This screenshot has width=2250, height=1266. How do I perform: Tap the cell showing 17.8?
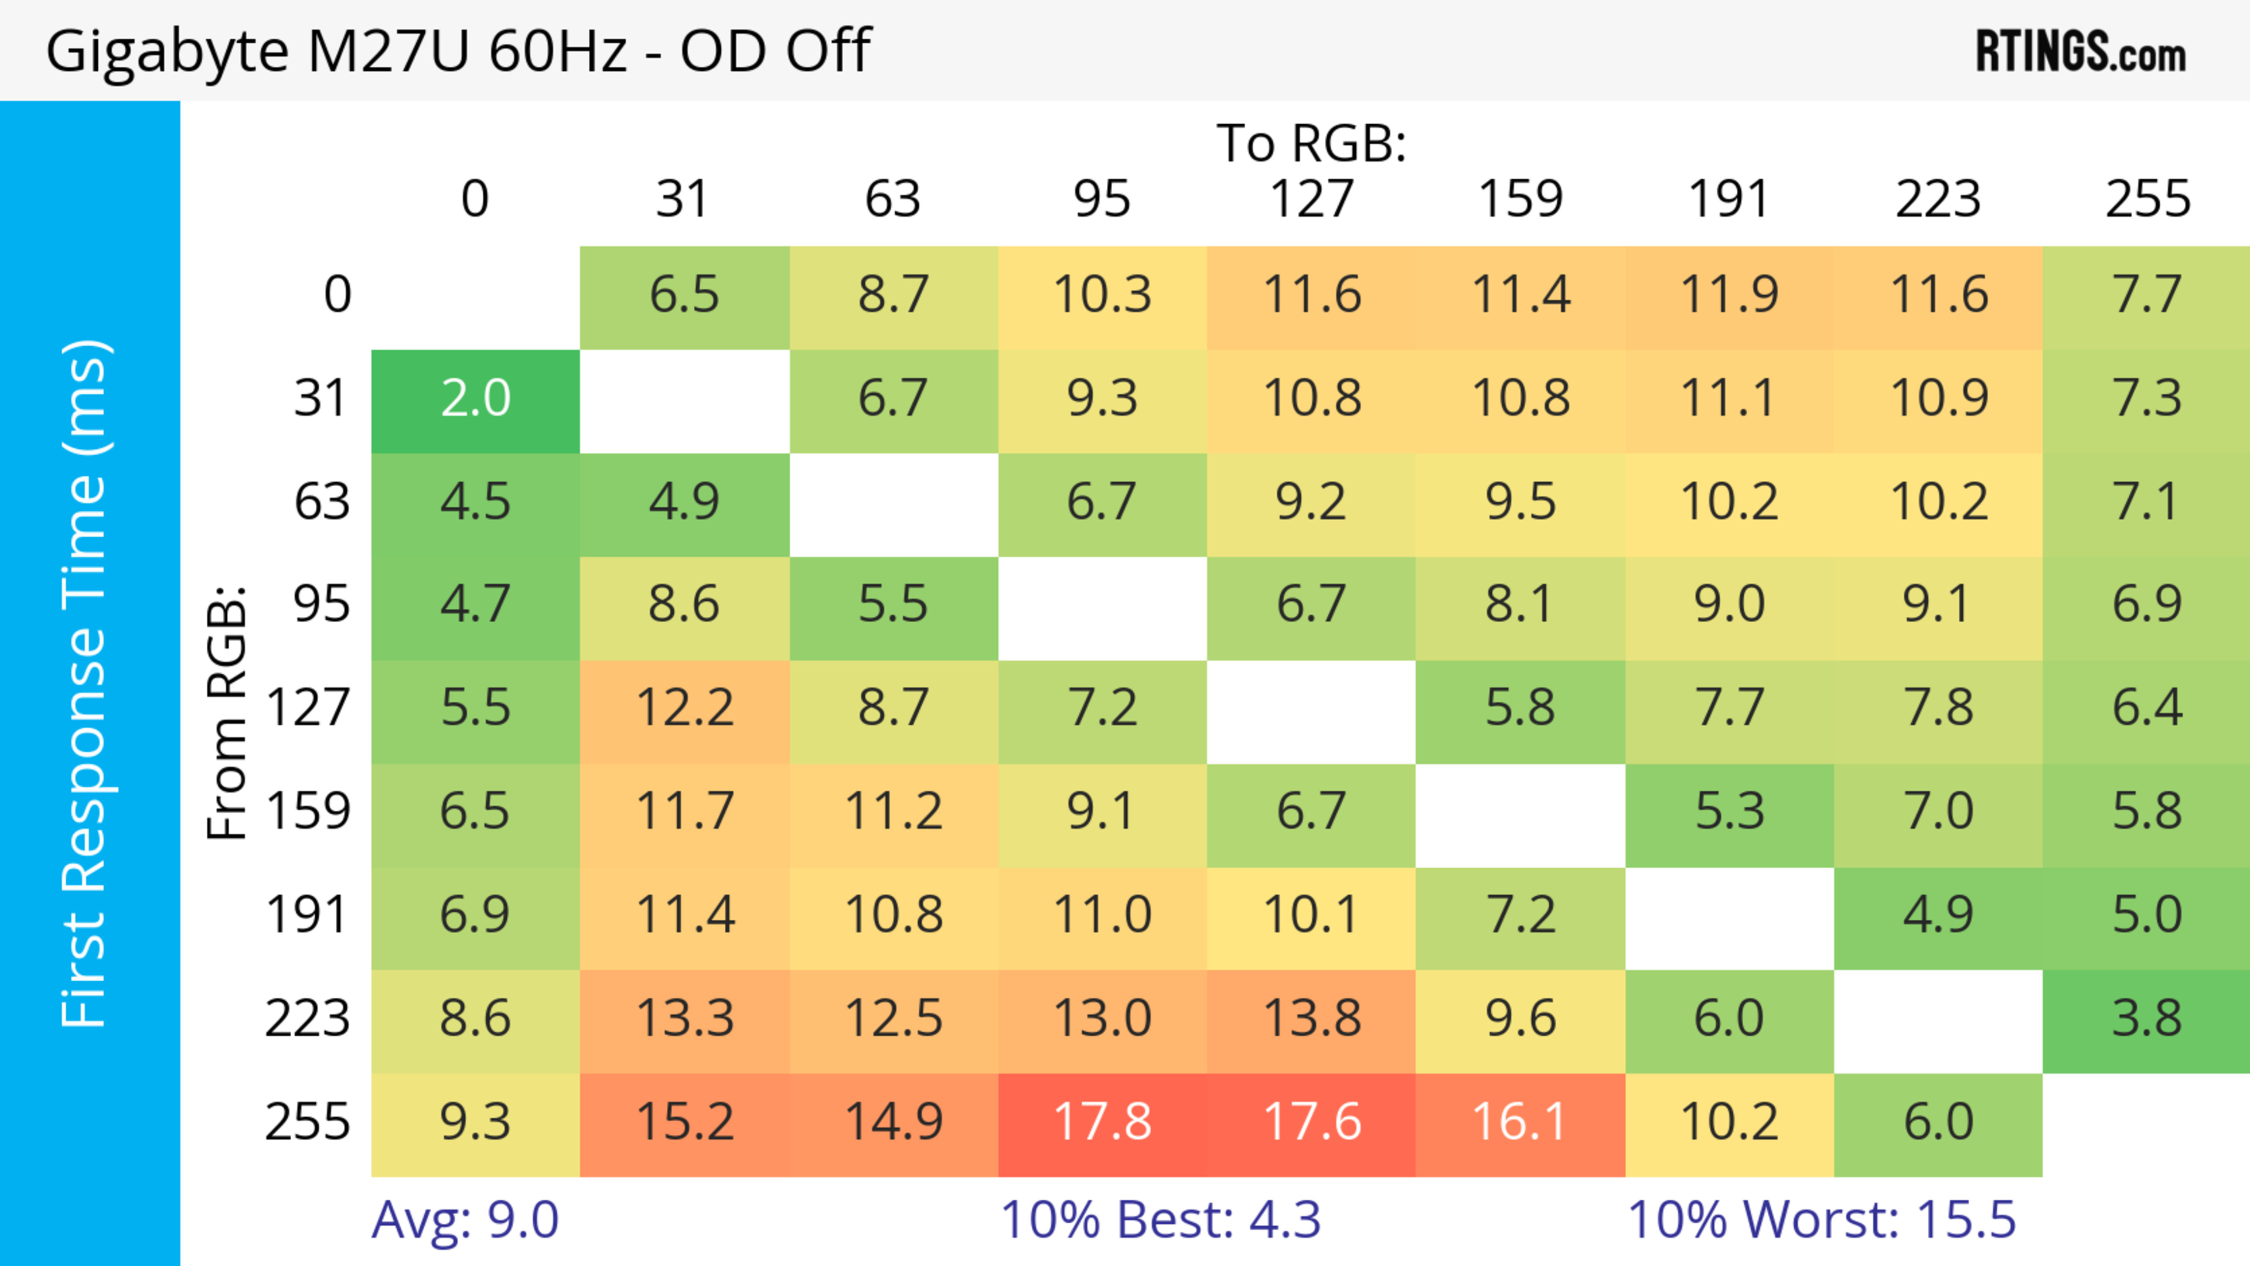click(1102, 1123)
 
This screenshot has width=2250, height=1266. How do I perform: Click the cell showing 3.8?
click(2146, 1019)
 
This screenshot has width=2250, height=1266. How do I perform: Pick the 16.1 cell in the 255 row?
click(1520, 1123)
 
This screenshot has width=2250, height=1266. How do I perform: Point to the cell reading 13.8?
click(1311, 1019)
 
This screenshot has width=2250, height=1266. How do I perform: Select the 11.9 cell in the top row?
click(1729, 296)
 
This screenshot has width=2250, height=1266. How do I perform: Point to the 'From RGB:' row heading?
click(227, 712)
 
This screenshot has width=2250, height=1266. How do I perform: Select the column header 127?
click(1311, 200)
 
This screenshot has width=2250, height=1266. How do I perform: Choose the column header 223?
click(1937, 200)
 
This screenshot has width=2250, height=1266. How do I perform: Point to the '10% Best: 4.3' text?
click(1160, 1220)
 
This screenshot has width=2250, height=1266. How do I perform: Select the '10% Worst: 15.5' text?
click(1821, 1220)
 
